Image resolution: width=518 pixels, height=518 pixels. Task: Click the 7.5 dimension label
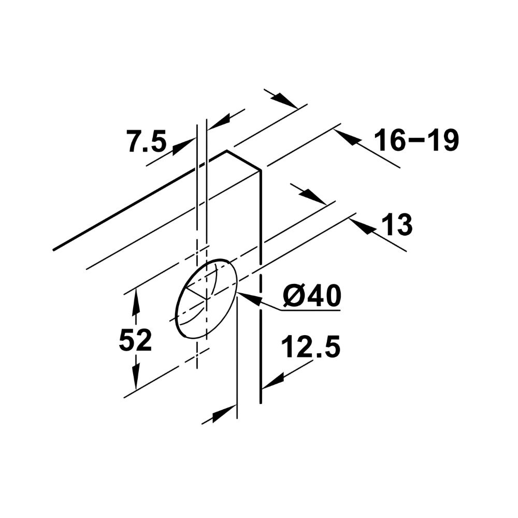pyautogui.click(x=147, y=141)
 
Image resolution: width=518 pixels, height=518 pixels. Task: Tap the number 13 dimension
pyautogui.click(x=397, y=225)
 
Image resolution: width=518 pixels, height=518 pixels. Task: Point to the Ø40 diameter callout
pyautogui.click(x=312, y=296)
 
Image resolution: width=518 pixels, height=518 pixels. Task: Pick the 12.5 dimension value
pyautogui.click(x=310, y=347)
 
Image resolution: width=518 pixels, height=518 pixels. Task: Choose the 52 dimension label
pyautogui.click(x=135, y=340)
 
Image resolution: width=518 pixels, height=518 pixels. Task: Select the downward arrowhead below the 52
pyautogui.click(x=136, y=376)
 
